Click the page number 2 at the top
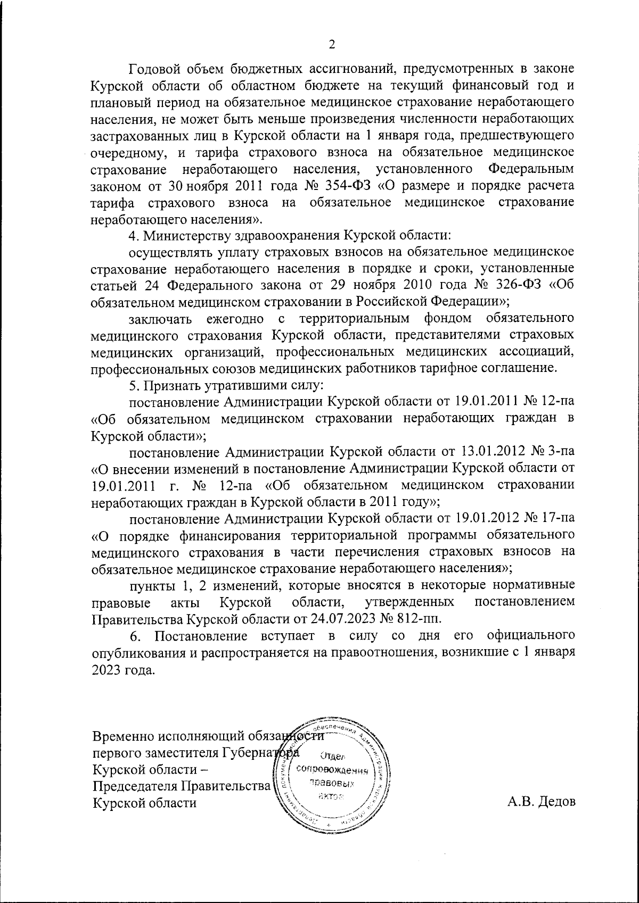click(x=331, y=45)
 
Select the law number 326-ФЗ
click(x=515, y=284)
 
